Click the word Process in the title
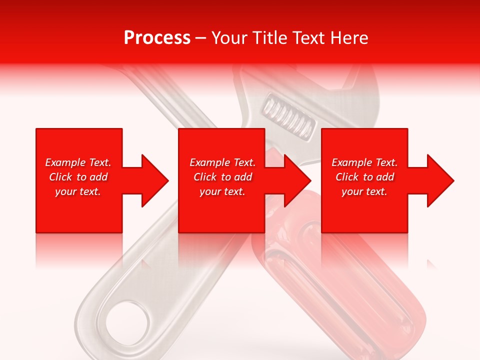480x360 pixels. click(157, 38)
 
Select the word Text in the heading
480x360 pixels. click(307, 38)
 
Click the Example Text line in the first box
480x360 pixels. click(78, 162)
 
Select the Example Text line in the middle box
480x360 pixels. click(222, 162)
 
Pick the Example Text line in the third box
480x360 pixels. click(364, 162)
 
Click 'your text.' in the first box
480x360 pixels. click(78, 191)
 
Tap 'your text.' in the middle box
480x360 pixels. click(222, 191)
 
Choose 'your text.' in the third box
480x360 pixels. click(364, 191)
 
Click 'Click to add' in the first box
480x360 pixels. click(78, 177)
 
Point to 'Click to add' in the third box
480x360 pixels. click(364, 177)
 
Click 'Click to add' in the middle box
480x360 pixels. click(222, 177)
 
